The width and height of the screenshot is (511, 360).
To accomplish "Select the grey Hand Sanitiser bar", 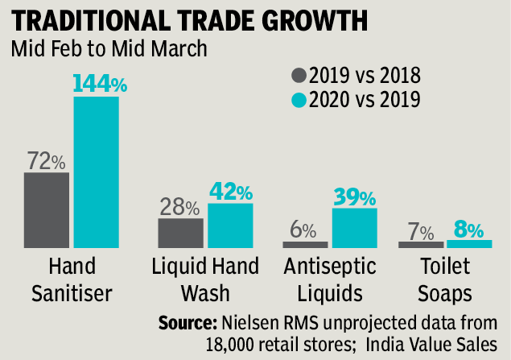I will (47, 209).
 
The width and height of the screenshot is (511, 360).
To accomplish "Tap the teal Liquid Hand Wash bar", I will (229, 225).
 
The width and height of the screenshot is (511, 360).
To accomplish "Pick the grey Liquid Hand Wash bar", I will (180, 232).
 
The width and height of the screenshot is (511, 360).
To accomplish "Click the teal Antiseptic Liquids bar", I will (354, 227).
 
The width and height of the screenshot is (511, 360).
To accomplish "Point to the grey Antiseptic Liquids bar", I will (305, 243).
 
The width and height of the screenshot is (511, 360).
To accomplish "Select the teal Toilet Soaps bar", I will (469, 243).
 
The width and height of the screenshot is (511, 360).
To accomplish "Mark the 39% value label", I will (354, 197).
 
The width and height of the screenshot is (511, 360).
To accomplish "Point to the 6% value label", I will (303, 230).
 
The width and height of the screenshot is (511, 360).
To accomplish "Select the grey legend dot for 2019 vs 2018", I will (299, 77).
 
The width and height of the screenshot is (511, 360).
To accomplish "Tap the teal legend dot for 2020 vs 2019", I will (299, 100).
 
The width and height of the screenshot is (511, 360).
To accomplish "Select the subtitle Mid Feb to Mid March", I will (109, 48).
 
